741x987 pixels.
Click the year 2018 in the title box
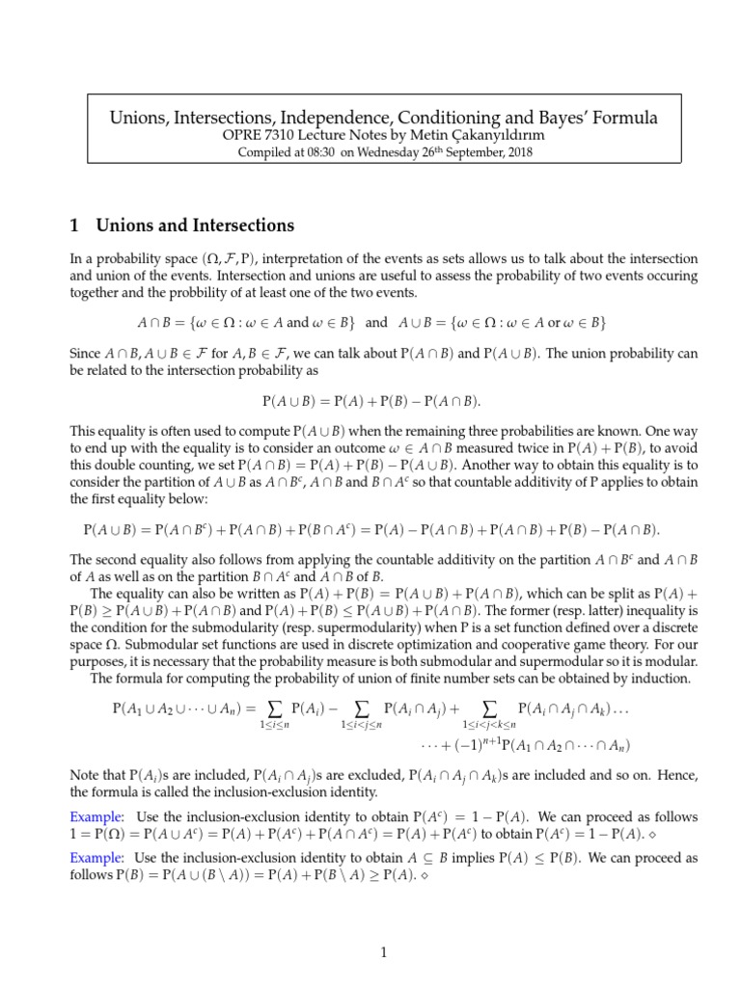tap(491, 153)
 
